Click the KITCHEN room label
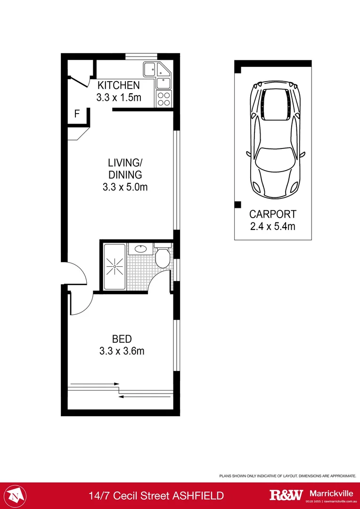(118, 85)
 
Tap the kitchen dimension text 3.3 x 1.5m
(118, 98)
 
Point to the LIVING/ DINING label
(125, 169)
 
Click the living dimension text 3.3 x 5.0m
(125, 187)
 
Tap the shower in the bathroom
(114, 267)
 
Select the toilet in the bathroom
(163, 256)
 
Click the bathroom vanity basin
(140, 248)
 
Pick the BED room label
(122, 339)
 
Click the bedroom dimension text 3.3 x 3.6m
(122, 351)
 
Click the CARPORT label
(273, 213)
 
